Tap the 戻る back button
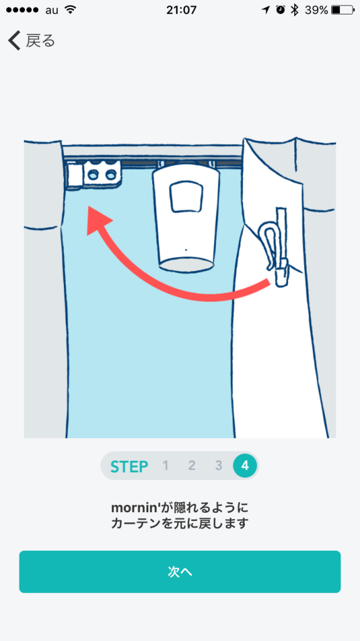click(31, 41)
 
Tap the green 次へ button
click(180, 572)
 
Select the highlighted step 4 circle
click(245, 466)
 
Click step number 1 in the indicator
click(166, 466)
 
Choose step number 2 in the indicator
click(192, 466)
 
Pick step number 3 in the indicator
click(219, 466)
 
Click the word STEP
click(129, 466)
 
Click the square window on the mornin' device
click(186, 197)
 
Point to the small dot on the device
click(186, 249)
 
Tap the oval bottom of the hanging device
click(186, 265)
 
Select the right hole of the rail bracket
click(110, 175)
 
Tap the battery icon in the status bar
click(342, 10)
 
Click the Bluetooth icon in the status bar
click(294, 10)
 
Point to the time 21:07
click(182, 10)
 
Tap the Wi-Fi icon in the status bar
click(71, 10)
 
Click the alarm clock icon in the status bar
click(280, 10)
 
